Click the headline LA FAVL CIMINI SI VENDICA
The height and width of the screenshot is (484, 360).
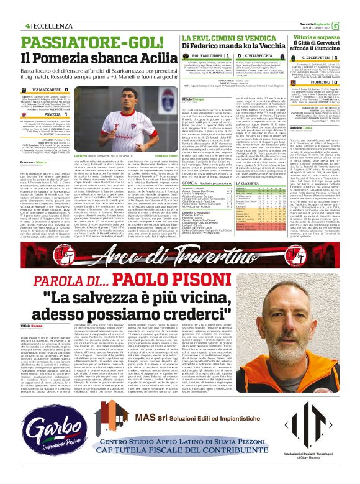(216, 21)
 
